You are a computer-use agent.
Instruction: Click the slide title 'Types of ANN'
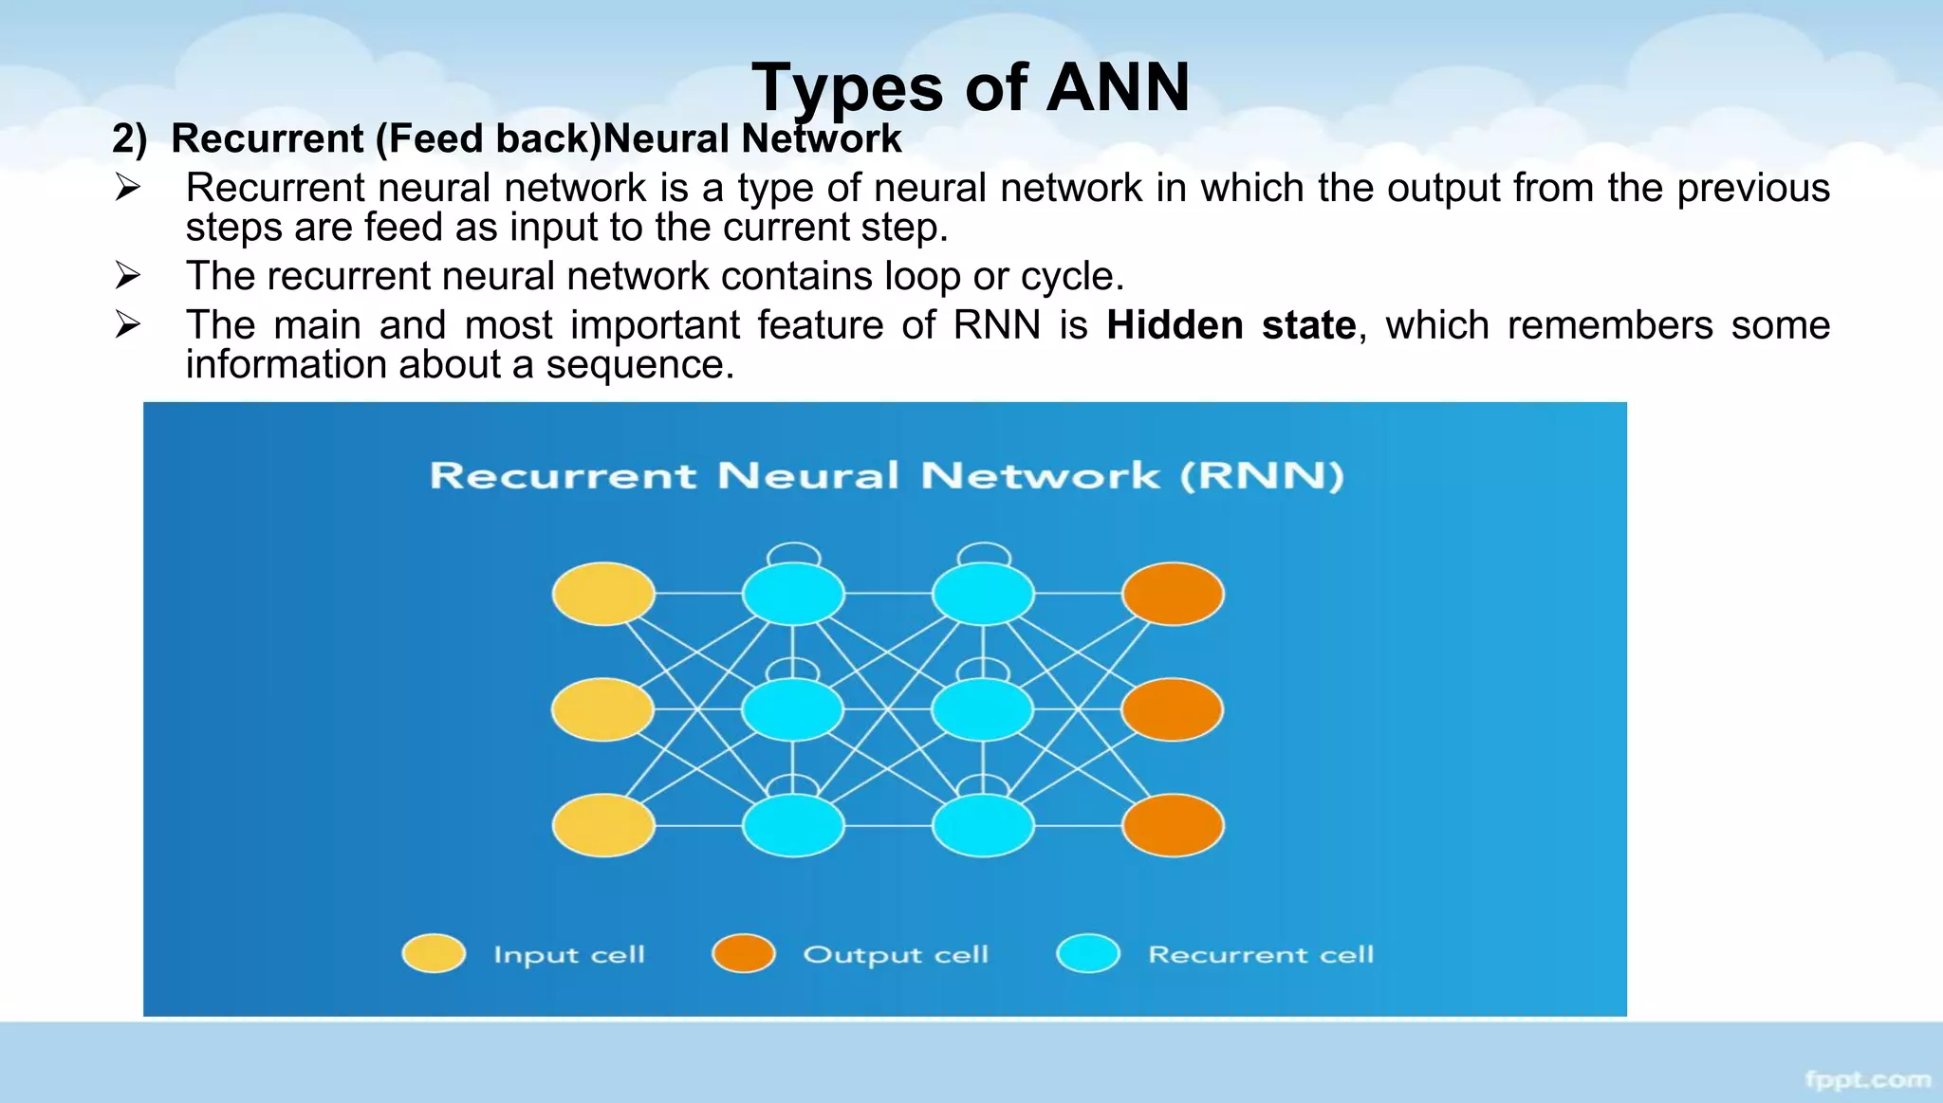point(970,87)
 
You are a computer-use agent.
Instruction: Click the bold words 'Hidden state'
point(1231,325)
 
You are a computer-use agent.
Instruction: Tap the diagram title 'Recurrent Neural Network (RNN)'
point(886,475)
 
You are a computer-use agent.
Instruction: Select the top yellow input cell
point(603,594)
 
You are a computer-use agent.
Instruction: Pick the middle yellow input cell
point(602,709)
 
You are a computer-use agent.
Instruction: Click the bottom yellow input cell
point(603,825)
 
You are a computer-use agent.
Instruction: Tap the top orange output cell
point(1173,594)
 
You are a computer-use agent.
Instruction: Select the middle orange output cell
point(1173,709)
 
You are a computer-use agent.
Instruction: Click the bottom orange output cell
point(1173,825)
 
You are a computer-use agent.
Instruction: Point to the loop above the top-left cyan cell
point(793,551)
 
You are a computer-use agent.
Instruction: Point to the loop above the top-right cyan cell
point(984,551)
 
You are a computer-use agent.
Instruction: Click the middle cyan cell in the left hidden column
point(792,709)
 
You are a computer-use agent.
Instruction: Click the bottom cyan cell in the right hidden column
point(983,825)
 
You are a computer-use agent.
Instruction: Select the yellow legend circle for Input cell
point(434,953)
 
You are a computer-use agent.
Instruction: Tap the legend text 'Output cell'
point(896,954)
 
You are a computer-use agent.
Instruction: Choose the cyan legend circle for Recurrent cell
point(1088,953)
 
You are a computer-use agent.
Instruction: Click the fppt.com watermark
point(1867,1079)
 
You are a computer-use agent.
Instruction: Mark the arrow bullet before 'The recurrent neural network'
point(127,276)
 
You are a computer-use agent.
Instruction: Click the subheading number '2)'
point(130,138)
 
